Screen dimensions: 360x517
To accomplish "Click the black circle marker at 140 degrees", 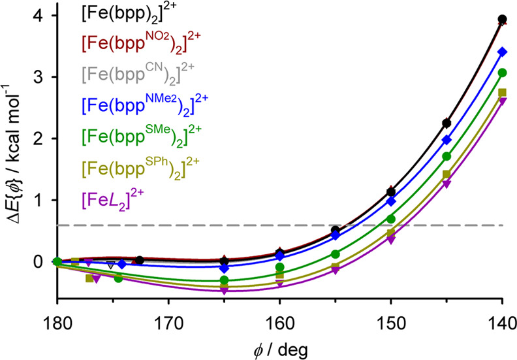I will coord(502,20).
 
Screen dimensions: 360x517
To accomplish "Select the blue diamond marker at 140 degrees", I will coord(502,52).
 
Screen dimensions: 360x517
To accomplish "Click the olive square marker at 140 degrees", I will coord(502,93).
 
